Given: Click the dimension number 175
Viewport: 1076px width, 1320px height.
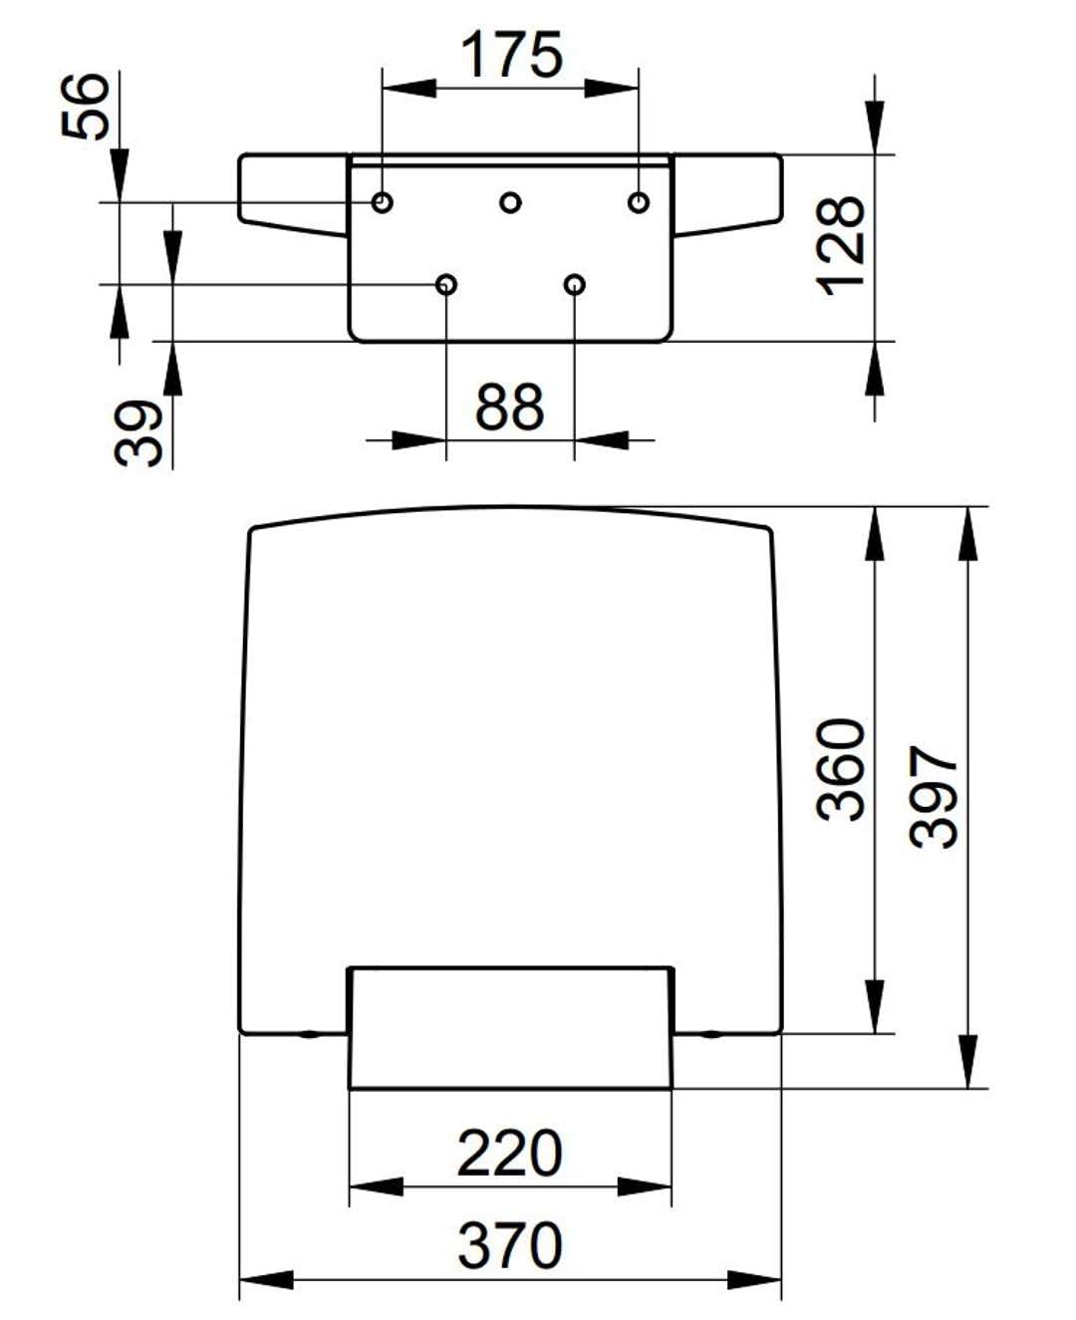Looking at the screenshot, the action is (512, 55).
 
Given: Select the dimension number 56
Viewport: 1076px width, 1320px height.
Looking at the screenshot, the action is (85, 106).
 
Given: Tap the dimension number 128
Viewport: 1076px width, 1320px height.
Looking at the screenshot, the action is (840, 247).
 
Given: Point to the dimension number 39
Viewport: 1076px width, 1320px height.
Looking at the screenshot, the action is (138, 433).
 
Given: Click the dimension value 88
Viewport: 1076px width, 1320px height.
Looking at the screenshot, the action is (509, 406).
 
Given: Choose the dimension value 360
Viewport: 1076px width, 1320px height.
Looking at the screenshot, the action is (840, 770).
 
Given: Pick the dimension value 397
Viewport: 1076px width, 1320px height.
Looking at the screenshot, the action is (933, 797).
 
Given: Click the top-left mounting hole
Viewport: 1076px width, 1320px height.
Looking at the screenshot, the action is (383, 202).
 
